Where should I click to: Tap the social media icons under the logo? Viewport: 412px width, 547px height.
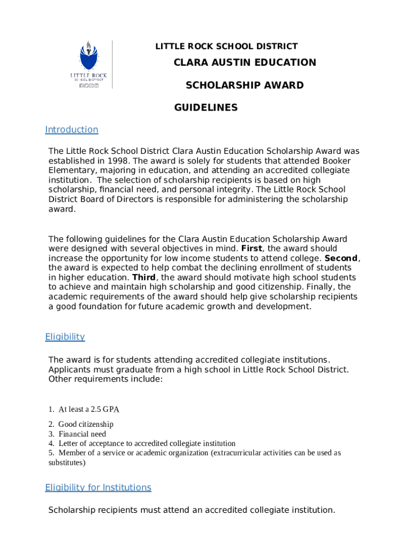pos(89,85)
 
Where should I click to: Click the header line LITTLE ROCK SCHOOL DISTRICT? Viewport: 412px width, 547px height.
pos(226,46)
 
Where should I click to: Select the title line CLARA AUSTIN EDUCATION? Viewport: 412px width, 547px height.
pos(245,62)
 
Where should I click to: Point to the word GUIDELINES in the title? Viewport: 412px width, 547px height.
pos(206,108)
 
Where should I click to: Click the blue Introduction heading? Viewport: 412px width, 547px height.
pos(72,130)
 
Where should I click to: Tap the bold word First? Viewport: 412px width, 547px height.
pos(251,248)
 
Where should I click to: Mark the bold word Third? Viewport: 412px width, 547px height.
pos(143,278)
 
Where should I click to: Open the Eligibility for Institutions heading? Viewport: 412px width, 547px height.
pos(98,488)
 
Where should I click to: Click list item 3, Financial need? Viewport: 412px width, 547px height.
pos(82,434)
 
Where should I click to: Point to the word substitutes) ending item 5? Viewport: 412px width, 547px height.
pos(67,463)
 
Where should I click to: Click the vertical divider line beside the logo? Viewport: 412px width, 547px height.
pos(112,65)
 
